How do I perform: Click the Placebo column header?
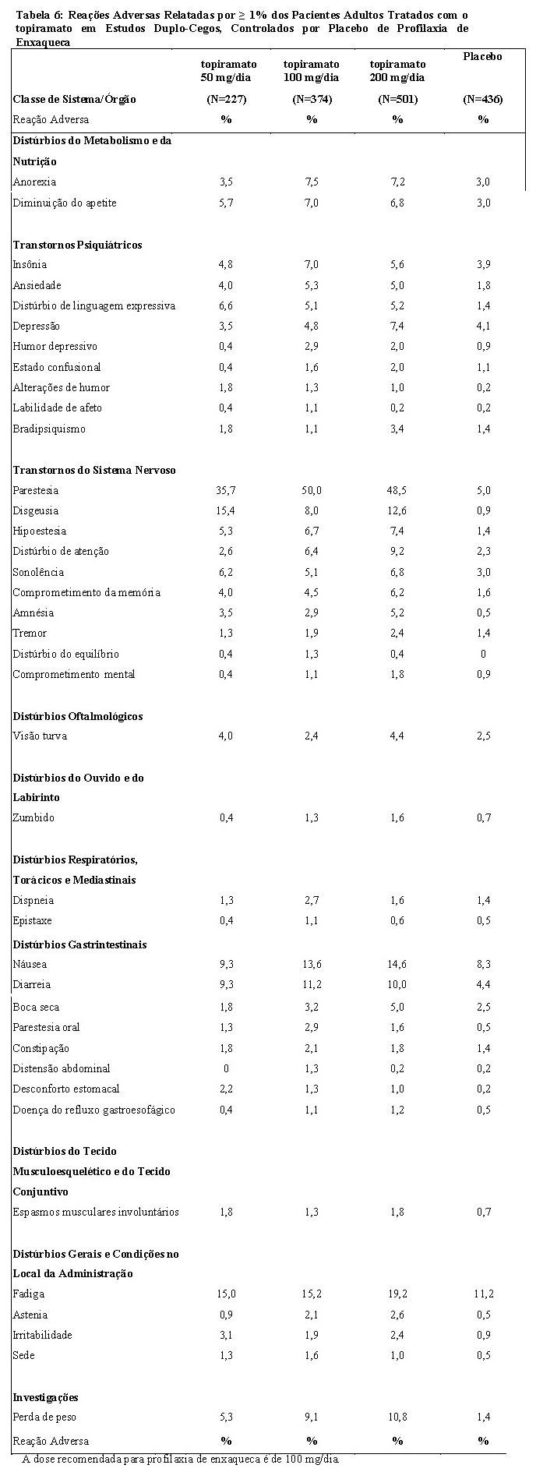click(482, 57)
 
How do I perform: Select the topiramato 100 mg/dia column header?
click(311, 70)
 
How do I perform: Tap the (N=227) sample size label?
click(225, 99)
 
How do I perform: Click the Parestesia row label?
click(36, 491)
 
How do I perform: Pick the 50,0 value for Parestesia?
click(312, 491)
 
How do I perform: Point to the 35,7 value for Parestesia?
click(225, 491)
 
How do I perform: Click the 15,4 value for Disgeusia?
click(225, 511)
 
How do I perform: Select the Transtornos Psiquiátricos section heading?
click(78, 245)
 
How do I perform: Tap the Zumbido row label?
click(34, 818)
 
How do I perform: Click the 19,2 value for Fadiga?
click(397, 1294)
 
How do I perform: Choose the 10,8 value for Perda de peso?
click(397, 1417)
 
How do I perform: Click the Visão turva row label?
click(40, 736)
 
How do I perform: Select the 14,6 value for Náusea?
click(397, 965)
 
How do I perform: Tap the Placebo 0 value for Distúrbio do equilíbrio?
click(484, 655)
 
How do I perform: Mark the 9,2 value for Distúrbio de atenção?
click(397, 552)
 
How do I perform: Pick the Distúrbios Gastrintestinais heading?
click(80, 945)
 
